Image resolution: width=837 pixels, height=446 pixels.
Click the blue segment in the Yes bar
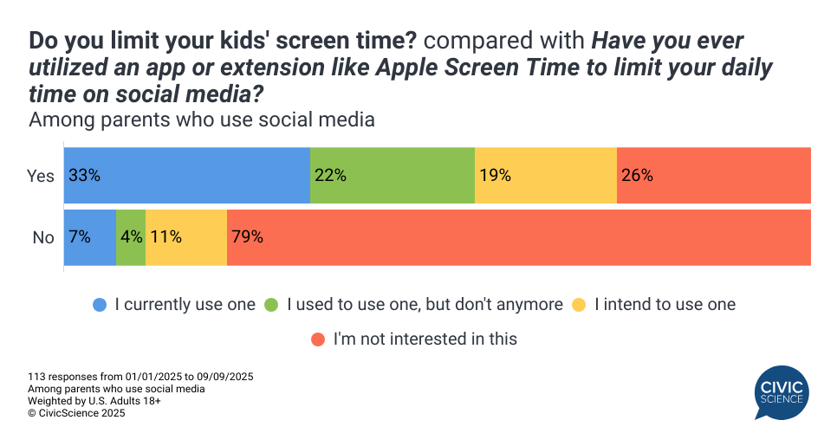[187, 175]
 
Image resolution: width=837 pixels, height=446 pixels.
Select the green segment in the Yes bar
[393, 175]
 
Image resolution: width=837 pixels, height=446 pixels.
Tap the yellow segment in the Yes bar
[546, 175]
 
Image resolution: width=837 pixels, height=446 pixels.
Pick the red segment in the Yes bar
[714, 175]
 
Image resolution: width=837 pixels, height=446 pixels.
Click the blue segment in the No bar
[90, 237]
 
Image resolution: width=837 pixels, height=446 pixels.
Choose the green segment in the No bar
[131, 237]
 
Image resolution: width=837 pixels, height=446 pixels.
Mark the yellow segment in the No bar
[186, 237]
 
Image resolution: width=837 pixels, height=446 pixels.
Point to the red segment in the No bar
[519, 237]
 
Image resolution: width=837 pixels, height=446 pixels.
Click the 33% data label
[85, 175]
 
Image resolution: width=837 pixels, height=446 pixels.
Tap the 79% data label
[246, 237]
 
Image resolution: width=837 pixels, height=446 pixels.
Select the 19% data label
[495, 175]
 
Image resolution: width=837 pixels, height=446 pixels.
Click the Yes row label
[41, 176]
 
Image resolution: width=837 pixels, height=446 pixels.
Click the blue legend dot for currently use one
[101, 305]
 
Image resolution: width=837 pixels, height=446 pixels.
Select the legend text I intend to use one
[665, 304]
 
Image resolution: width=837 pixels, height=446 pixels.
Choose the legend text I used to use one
[425, 304]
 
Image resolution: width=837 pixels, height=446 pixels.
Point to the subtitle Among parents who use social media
[202, 120]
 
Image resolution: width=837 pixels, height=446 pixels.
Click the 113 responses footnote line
[140, 377]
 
